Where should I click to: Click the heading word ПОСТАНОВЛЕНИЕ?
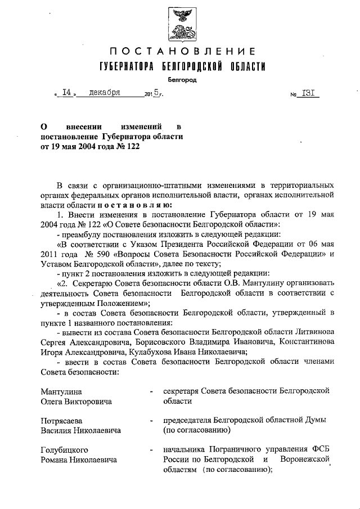(179, 53)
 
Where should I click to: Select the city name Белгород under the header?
(180, 80)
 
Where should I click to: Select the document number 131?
(308, 94)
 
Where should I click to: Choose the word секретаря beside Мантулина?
(182, 391)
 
